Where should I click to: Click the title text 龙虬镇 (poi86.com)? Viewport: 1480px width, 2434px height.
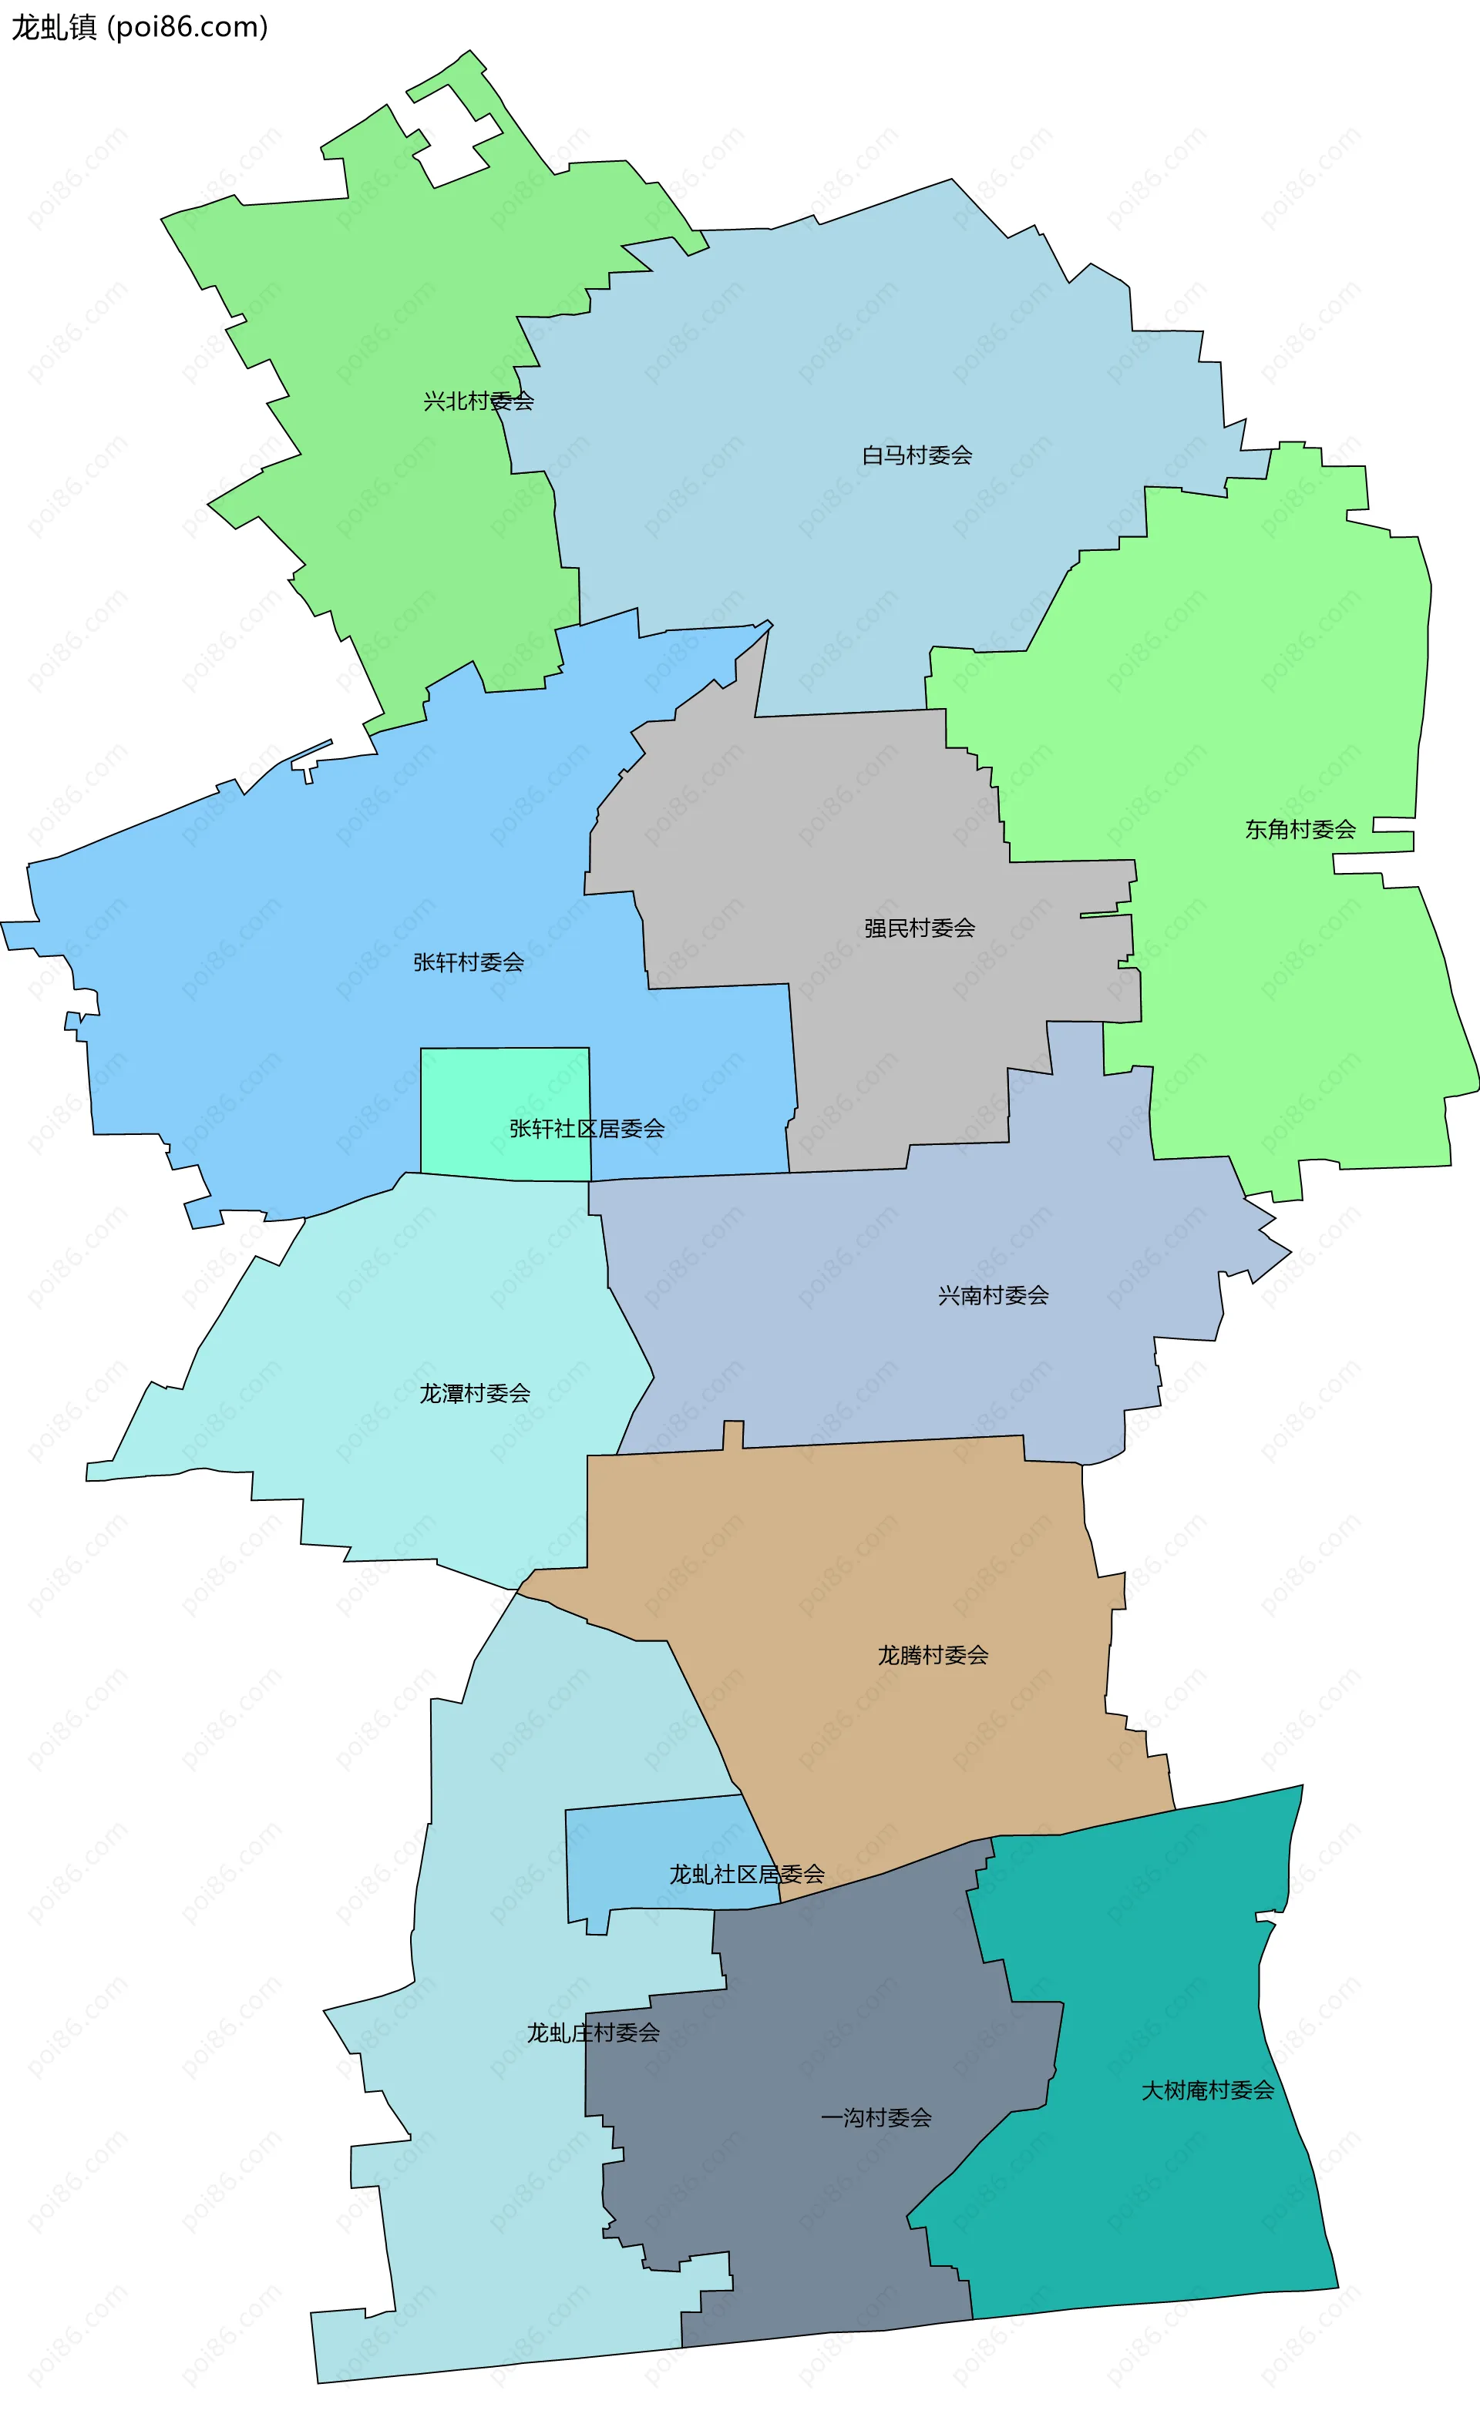tap(140, 27)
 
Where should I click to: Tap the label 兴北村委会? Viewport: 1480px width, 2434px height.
tap(478, 401)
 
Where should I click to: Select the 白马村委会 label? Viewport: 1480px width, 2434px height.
tap(917, 455)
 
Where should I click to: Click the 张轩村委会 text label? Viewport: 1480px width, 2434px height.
tap(469, 962)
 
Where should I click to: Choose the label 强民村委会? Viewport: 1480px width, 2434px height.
tap(919, 928)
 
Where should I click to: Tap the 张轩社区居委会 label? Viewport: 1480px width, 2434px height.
tap(587, 1128)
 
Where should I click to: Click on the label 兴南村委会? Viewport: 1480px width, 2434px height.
tap(993, 1295)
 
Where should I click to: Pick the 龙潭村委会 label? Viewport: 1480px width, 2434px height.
tap(474, 1393)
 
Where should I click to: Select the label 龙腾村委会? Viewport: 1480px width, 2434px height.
tap(933, 1654)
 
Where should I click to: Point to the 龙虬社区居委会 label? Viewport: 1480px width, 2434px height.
tap(746, 1874)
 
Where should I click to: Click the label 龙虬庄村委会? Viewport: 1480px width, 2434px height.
tap(593, 2032)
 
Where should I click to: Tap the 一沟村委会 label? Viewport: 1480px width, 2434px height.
tap(876, 2117)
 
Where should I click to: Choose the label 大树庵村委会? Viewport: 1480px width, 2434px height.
tap(1207, 2090)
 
